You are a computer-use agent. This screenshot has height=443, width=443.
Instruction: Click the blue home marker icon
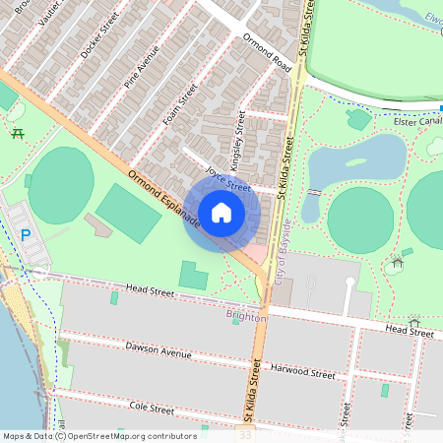pos(221,212)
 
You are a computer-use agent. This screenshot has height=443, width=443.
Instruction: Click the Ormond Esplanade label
pos(163,199)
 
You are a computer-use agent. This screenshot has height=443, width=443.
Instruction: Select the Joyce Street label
pos(228,179)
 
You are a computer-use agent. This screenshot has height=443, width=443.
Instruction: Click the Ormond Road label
pos(269,54)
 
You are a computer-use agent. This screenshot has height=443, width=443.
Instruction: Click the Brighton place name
pos(246,317)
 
